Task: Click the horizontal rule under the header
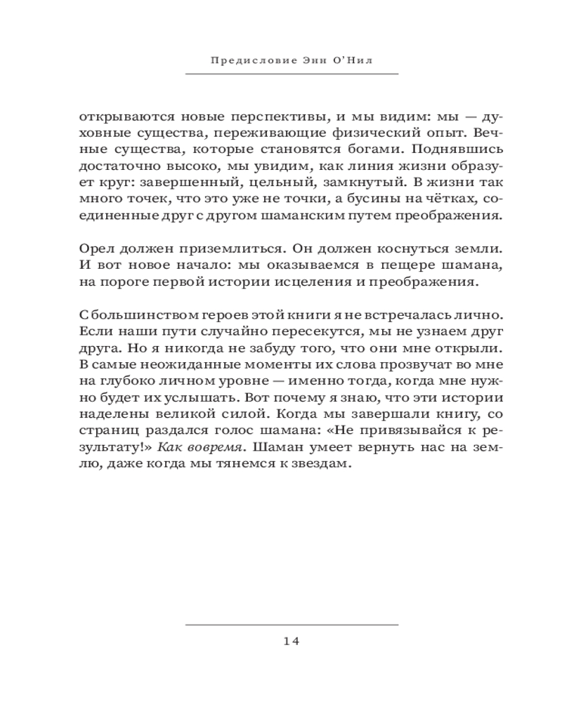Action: (292, 74)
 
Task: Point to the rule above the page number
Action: (292, 624)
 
